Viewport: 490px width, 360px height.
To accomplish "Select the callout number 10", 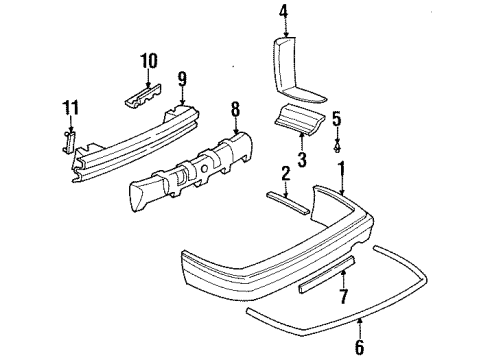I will coord(149,62).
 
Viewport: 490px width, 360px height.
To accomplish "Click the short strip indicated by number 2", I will coord(289,201).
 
